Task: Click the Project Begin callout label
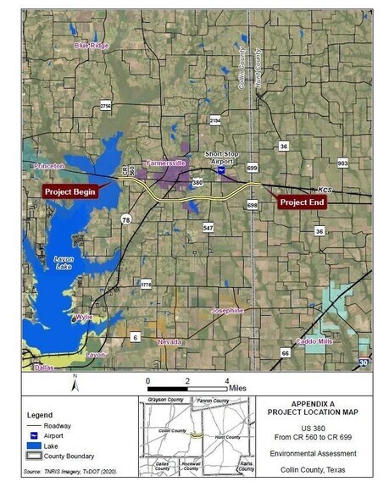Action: (x=70, y=192)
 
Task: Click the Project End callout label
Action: (x=303, y=202)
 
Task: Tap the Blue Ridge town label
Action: (x=92, y=46)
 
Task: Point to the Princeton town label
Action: (x=49, y=167)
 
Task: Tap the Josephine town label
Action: (x=227, y=311)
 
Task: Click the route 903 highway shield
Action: (x=342, y=163)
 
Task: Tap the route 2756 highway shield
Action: (x=106, y=106)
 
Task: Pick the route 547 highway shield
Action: (x=208, y=228)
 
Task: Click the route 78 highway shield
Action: (x=125, y=219)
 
